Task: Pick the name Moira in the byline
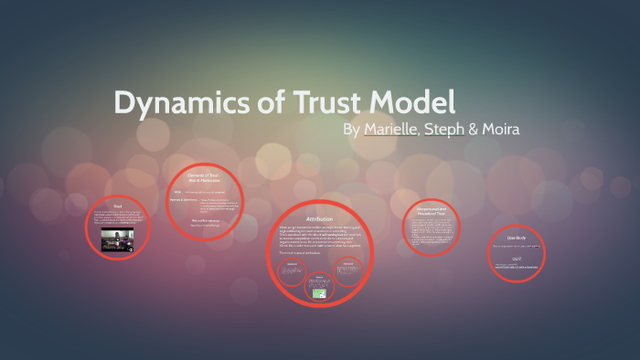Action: tap(501, 129)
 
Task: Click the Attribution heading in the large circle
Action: tap(319, 219)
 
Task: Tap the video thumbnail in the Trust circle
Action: tap(118, 240)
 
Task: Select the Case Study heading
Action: tap(515, 236)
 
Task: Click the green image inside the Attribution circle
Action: tap(320, 292)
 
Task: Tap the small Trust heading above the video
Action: tap(117, 206)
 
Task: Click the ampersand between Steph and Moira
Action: tap(473, 130)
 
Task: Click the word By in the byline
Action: tap(351, 130)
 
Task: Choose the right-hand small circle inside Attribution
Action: tap(348, 269)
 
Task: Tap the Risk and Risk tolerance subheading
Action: tap(204, 219)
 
